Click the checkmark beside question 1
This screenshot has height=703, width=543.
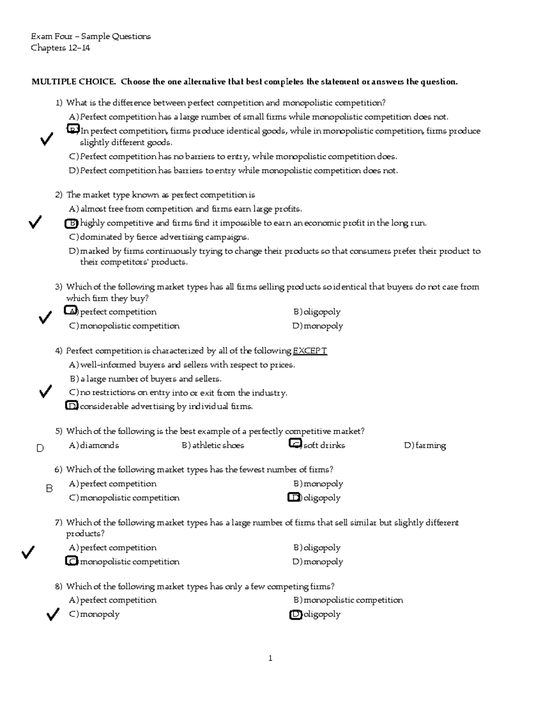(x=46, y=140)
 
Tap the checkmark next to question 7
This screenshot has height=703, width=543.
(x=28, y=552)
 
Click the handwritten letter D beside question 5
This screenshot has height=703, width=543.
(x=40, y=448)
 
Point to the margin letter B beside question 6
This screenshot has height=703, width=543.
(x=49, y=489)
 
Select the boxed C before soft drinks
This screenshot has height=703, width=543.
(x=295, y=444)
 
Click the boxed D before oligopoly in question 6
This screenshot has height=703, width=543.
(x=294, y=497)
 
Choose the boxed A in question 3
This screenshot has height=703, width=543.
(x=71, y=311)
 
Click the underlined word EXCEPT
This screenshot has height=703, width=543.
(x=310, y=351)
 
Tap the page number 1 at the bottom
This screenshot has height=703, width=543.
(x=270, y=658)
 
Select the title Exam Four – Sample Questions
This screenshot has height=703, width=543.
(x=90, y=36)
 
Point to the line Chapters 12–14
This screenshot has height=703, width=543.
(x=60, y=48)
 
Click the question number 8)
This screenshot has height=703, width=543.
(x=58, y=587)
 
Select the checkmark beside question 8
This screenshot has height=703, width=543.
(x=52, y=614)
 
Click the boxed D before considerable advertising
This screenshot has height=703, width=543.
(x=71, y=406)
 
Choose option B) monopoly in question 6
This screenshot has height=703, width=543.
(x=318, y=484)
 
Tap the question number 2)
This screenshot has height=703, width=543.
(x=58, y=195)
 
